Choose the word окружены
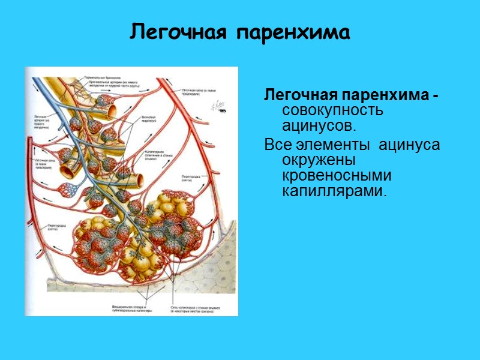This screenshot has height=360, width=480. point(318,161)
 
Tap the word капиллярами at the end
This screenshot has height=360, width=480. point(334,191)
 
